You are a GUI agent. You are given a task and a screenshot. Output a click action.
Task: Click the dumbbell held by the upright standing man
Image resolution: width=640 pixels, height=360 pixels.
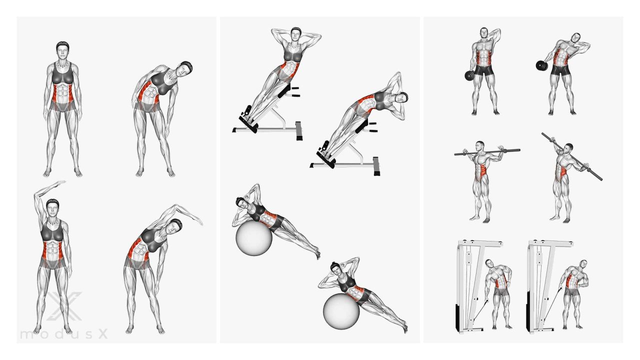(x=469, y=75)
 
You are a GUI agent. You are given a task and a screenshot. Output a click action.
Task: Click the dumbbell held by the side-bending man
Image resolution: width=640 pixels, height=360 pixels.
(x=541, y=65)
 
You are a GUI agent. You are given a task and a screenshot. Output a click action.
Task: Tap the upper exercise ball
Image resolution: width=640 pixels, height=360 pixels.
(x=253, y=237)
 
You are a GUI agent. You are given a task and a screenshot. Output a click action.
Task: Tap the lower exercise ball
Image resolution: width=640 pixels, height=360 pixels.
(x=341, y=311)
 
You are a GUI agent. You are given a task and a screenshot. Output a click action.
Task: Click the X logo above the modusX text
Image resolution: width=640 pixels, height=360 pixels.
(x=64, y=305)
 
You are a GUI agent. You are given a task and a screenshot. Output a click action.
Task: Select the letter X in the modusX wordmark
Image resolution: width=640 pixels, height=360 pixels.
(x=103, y=334)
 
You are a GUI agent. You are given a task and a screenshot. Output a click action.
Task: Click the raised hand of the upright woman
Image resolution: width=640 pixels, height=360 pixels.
(x=59, y=182)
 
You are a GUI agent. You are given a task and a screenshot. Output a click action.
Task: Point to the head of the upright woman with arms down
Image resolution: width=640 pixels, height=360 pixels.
(x=62, y=51)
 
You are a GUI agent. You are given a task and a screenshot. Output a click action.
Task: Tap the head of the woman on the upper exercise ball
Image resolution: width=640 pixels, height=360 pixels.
(x=241, y=203)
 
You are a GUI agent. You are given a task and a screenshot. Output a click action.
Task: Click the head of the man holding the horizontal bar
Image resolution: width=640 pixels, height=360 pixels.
(x=480, y=146)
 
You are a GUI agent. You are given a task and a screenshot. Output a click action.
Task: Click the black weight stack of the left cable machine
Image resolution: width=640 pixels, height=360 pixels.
(x=457, y=316)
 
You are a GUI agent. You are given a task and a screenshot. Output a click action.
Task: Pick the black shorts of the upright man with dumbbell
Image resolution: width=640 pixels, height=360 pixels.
(x=483, y=70)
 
